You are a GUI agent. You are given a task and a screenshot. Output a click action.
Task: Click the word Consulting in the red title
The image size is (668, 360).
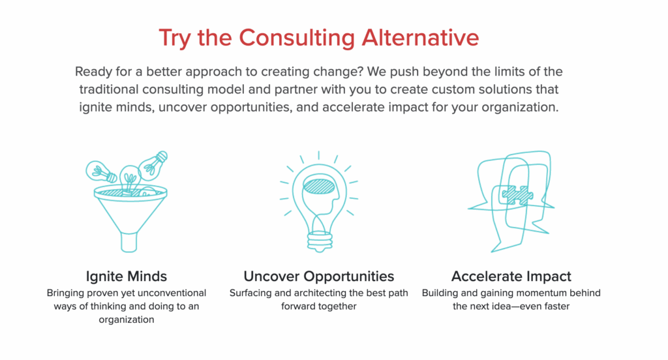point(297,38)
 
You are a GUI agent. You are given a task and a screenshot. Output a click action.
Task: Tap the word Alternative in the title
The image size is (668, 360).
point(421,37)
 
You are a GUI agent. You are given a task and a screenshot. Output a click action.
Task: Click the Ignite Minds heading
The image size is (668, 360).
point(127,277)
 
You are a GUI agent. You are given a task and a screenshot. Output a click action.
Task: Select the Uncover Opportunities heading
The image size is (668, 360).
point(318,277)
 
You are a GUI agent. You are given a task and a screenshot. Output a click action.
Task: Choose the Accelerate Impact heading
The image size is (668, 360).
point(511,277)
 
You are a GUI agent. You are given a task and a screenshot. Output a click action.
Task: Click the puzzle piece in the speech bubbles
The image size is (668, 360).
point(517,195)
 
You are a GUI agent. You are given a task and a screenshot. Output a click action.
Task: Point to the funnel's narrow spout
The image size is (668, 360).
point(129,242)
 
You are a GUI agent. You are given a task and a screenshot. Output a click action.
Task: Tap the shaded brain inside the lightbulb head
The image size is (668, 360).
point(319,187)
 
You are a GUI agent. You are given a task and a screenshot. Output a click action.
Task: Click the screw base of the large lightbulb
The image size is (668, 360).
point(320,241)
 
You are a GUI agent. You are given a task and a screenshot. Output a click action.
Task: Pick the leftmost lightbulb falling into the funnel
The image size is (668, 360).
point(100,172)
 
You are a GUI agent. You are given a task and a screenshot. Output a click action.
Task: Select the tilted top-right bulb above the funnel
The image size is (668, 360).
point(153,165)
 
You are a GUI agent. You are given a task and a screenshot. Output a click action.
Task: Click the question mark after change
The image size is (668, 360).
point(360,71)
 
